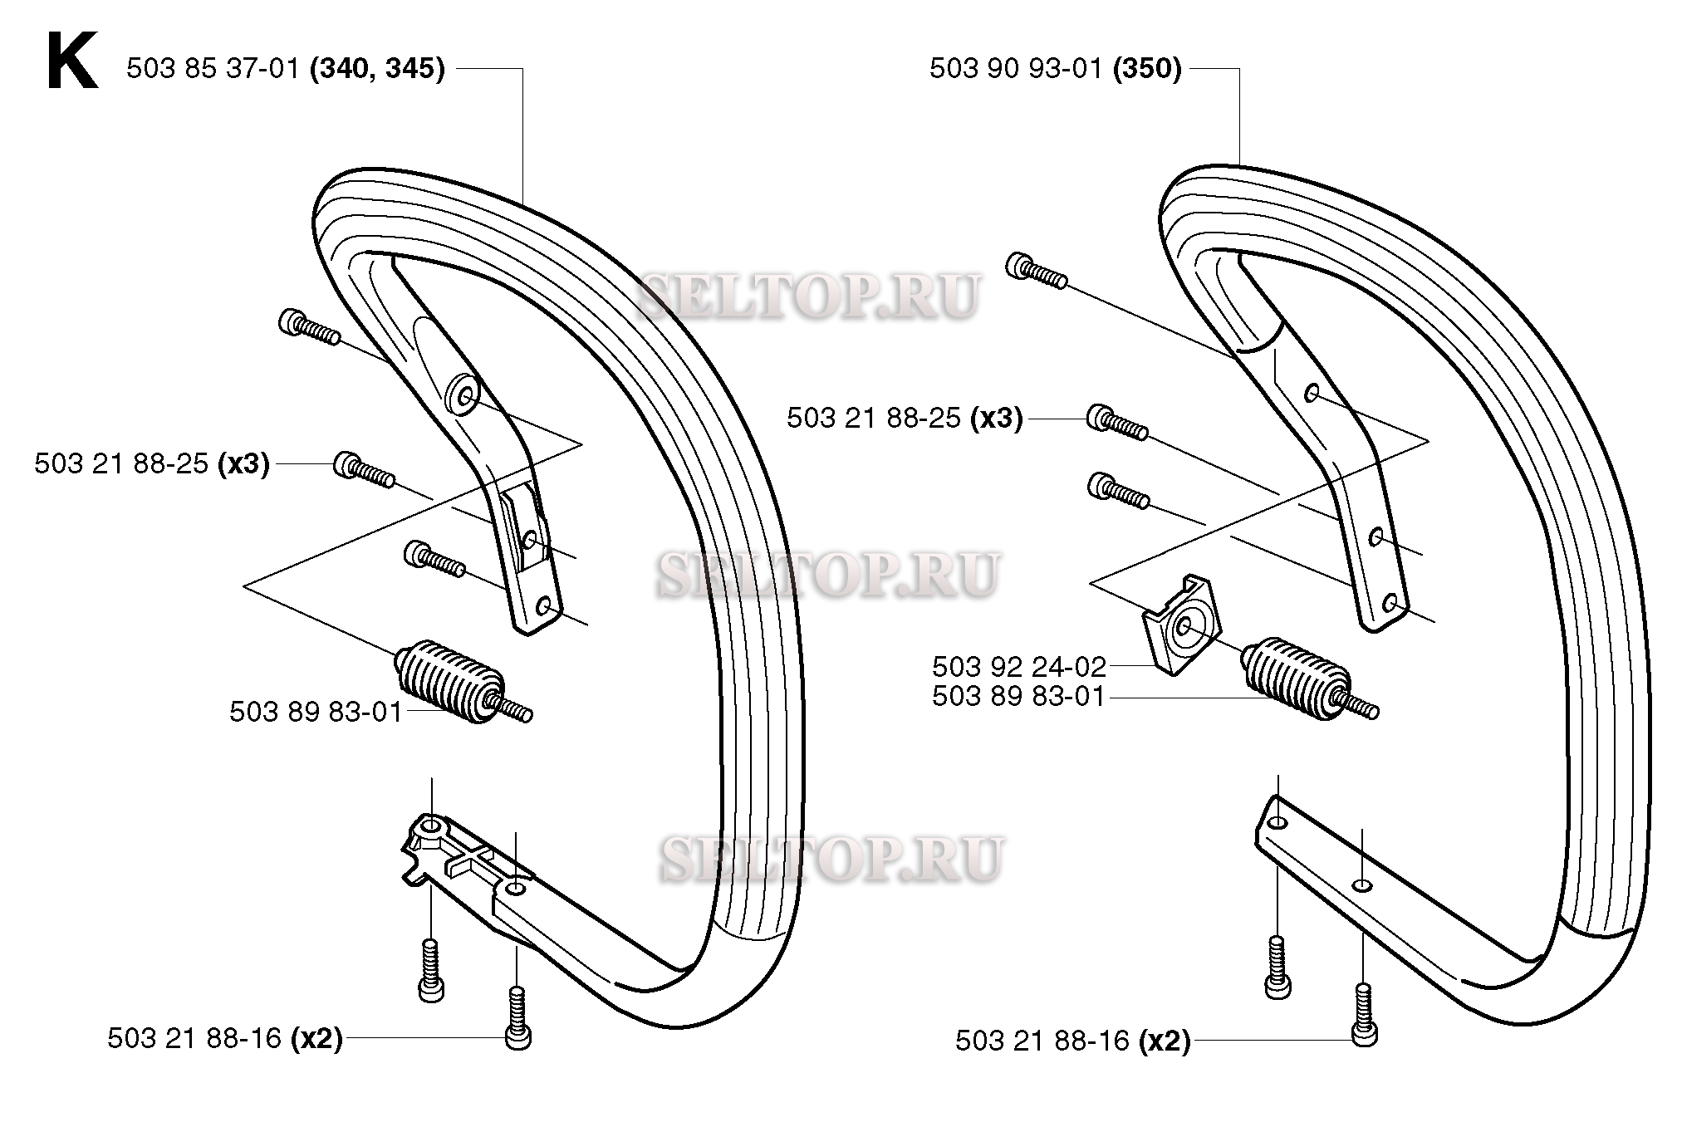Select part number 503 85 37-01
213,68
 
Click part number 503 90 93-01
1016,68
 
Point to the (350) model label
1147,68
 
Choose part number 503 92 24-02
1019,666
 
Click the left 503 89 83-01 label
316,712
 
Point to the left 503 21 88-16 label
194,1039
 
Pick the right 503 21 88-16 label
1042,1041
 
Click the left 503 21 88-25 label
121,463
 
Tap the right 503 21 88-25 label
875,418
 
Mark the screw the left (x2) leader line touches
517,1017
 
